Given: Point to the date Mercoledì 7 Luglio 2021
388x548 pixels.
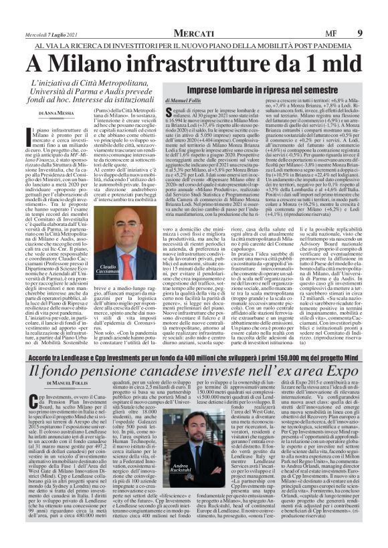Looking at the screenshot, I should [47, 33].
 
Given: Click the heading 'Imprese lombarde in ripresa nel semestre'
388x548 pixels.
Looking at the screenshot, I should [262, 89].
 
